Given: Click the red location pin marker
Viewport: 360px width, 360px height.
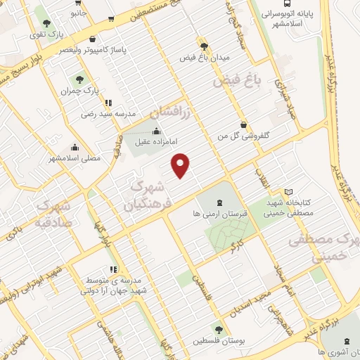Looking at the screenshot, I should tap(181, 164).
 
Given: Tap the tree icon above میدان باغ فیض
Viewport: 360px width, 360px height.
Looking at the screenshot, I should tap(204, 44).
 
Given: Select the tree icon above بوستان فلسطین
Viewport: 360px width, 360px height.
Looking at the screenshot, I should tap(219, 329).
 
